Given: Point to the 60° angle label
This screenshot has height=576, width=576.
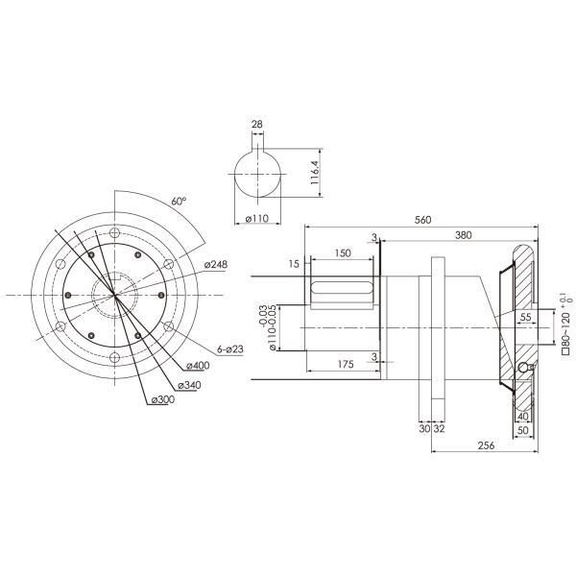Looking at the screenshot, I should pyautogui.click(x=178, y=202).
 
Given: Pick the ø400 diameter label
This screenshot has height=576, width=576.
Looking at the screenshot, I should pyautogui.click(x=199, y=366).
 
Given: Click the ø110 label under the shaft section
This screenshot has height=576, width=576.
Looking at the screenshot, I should pyautogui.click(x=256, y=219).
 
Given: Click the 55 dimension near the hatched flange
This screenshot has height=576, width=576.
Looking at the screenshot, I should pyautogui.click(x=525, y=316).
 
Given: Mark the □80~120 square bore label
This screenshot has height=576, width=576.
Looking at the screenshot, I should pyautogui.click(x=565, y=326).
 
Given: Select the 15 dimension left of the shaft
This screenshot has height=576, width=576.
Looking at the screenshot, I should pyautogui.click(x=294, y=263).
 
